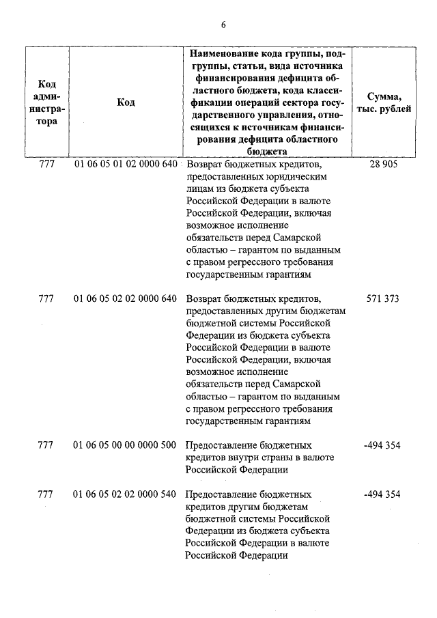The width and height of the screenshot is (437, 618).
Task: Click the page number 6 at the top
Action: click(x=223, y=25)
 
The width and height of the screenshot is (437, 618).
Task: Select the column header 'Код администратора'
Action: click(x=46, y=102)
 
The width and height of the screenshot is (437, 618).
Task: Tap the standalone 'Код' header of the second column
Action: click(x=126, y=102)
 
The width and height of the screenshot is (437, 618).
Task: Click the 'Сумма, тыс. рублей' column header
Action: click(x=389, y=102)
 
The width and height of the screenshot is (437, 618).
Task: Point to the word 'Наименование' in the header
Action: click(x=223, y=53)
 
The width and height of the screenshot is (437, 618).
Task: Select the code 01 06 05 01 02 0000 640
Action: click(x=125, y=165)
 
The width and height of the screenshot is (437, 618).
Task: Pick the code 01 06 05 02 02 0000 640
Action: click(x=125, y=299)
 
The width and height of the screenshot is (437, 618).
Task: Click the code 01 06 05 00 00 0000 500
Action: click(x=125, y=446)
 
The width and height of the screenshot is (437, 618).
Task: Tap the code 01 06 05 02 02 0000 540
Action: click(x=125, y=494)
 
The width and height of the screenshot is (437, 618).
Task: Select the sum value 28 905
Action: click(x=382, y=165)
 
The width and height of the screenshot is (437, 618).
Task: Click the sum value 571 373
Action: click(x=382, y=299)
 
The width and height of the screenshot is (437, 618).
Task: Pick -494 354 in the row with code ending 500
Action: click(x=382, y=446)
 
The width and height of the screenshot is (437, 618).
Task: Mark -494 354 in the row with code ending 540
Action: click(x=382, y=494)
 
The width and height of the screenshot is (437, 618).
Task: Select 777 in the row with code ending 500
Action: click(x=46, y=446)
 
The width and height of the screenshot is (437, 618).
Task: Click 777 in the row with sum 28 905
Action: click(x=46, y=165)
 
